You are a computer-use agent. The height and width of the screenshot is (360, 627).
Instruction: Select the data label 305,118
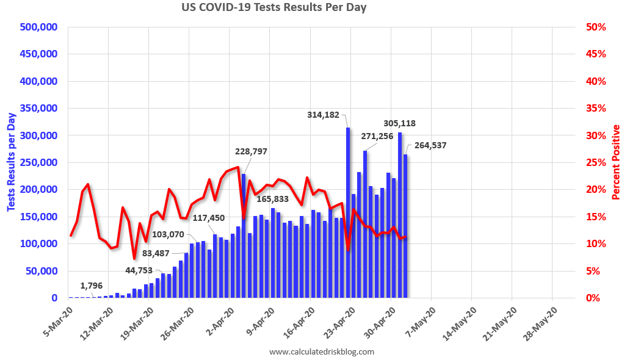400,123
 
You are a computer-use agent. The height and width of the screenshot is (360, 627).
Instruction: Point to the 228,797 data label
252,151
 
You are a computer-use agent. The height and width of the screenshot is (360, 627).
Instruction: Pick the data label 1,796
92,285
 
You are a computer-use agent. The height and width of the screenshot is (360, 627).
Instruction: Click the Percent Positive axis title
616,162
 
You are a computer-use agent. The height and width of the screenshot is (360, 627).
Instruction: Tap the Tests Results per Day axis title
12,163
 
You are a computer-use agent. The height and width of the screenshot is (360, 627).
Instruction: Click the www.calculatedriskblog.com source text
321,351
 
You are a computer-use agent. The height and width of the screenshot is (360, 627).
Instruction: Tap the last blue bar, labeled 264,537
405,226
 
